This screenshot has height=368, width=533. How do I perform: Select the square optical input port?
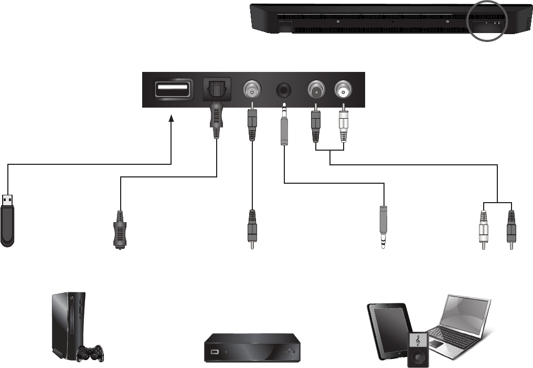[x=216, y=90]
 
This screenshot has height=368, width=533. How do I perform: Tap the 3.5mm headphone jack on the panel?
[x=284, y=90]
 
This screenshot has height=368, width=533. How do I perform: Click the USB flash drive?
[x=7, y=220]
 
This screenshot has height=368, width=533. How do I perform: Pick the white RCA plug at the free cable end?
[x=484, y=229]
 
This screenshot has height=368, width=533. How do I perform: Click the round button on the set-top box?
[x=291, y=352]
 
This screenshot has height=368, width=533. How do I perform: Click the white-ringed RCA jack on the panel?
[x=344, y=90]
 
